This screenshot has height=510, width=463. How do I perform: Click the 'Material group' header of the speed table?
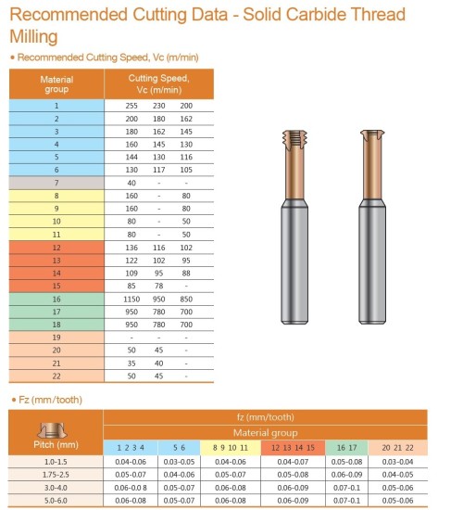pos(56,84)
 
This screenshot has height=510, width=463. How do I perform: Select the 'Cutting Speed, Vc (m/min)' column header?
pos(158,83)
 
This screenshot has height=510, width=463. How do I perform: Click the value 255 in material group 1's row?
pos(131,106)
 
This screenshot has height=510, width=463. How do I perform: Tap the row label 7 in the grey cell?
pos(56,183)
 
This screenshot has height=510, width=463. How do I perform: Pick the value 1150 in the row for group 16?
pos(131,300)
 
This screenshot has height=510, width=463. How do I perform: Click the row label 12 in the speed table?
pos(56,248)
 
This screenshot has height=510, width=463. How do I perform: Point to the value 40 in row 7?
pos(131,183)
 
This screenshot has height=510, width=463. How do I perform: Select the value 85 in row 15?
pos(131,286)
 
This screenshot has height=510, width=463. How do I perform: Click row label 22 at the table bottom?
pos(56,376)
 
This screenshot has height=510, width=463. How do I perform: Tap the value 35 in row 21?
pos(131,363)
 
